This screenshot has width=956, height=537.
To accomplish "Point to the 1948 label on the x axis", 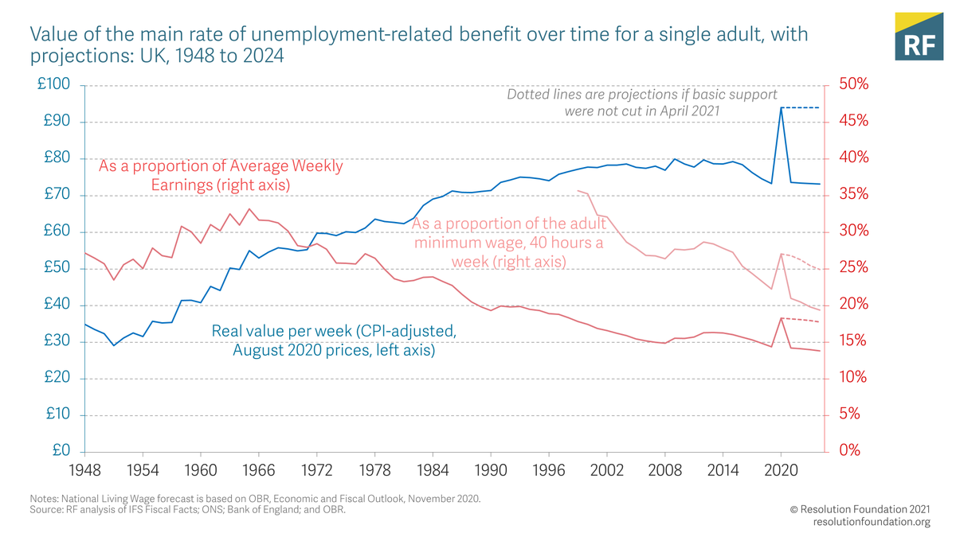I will coord(84,469).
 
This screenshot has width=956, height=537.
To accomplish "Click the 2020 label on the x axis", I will coord(781,469).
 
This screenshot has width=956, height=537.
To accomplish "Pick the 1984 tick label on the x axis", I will coord(433,469).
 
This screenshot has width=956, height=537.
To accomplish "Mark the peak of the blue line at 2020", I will coord(781,108).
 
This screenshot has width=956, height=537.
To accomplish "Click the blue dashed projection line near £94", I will coord(801,107).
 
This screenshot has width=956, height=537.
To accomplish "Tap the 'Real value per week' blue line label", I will coord(334,340).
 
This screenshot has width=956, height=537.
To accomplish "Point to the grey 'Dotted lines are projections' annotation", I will coord(642,103).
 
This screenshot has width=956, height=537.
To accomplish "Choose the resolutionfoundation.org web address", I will coord(872,522).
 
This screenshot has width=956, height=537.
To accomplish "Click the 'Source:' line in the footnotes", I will coord(187,510).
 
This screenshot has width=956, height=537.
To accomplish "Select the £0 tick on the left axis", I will coord(61,451).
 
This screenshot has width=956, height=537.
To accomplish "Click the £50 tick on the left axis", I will coord(57,268).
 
